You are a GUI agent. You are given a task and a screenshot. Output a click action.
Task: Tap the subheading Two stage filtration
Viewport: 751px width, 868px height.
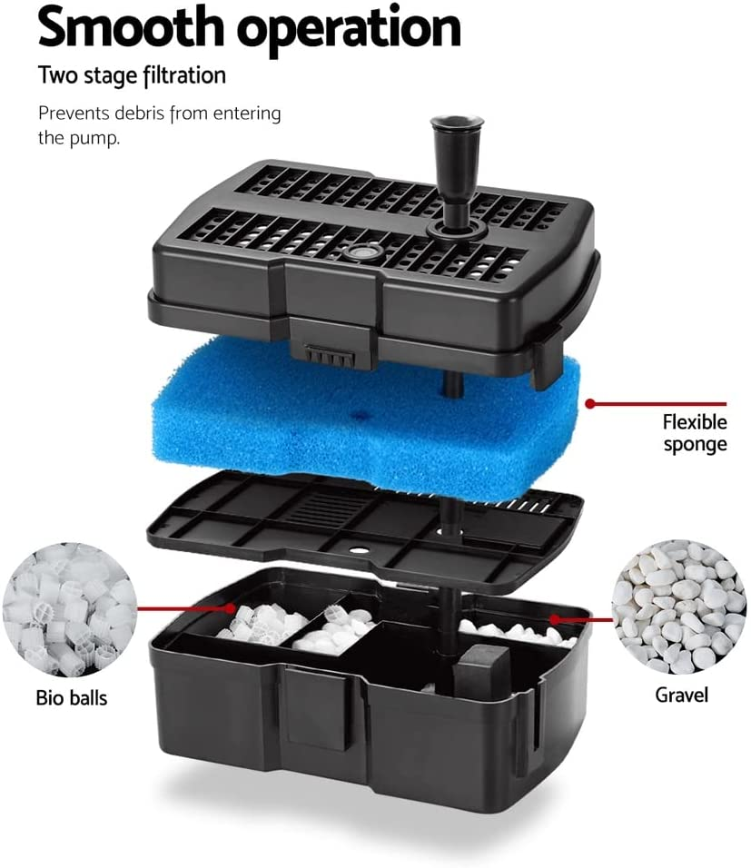(132, 74)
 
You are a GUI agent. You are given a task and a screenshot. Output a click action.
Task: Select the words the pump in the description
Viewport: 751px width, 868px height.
(79, 139)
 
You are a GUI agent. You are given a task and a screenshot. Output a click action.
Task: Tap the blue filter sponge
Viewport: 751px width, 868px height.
(363, 418)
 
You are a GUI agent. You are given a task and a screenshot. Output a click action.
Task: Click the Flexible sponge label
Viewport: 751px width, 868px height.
(695, 433)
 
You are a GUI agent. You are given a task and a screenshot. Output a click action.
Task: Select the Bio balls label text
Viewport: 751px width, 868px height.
(72, 698)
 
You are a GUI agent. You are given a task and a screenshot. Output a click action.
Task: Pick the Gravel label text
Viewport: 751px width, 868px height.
(681, 695)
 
